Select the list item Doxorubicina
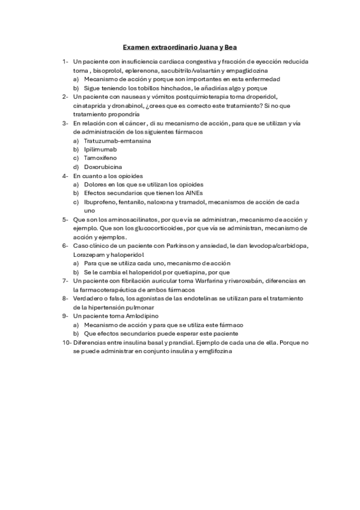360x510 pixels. [x=103, y=167]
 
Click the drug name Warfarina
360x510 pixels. [x=198, y=280]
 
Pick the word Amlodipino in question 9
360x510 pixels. [x=141, y=315]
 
